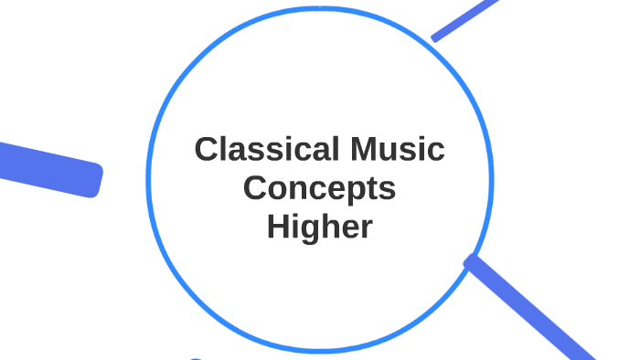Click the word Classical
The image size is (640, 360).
point(260,150)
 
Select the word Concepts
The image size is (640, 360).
point(320,188)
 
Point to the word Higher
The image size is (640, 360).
point(320,227)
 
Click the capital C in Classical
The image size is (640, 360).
point(206,150)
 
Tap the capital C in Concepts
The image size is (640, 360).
point(256,188)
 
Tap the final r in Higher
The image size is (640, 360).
point(367,228)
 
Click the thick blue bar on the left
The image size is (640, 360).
point(46,164)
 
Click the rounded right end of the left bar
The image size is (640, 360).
point(95,178)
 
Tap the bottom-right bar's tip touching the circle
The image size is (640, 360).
point(472,262)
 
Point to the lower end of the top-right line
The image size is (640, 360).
point(435,37)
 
